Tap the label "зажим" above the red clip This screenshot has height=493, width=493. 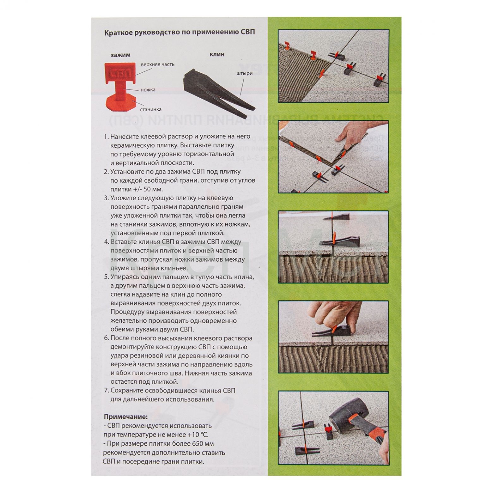pos(120,55)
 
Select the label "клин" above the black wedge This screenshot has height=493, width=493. pos(217,54)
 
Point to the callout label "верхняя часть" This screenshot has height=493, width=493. pos(157,64)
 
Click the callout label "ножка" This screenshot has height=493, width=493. pos(148,90)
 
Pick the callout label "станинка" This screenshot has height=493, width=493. pos(151,110)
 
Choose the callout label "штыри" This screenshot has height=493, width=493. pos(244,74)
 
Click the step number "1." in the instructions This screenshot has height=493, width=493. pos(107,137)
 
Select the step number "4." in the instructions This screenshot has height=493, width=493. pos(107,242)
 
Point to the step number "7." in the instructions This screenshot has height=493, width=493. pos(107,391)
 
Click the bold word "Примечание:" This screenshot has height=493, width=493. pos(126,417)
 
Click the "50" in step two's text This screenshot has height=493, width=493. pos(148,190)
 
